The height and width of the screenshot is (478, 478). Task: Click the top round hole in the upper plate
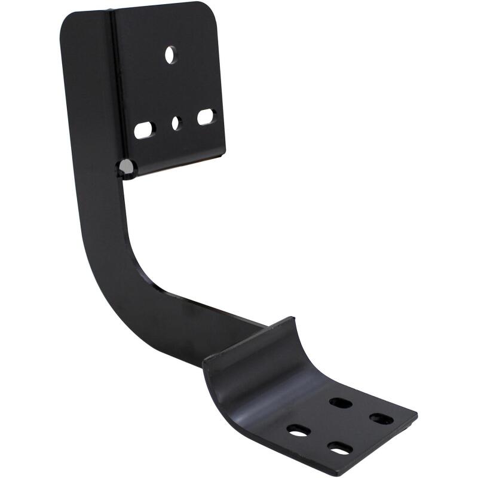(x=171, y=55)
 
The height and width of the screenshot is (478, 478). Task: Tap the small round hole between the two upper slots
(x=176, y=123)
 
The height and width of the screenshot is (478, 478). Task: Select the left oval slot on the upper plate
(x=145, y=130)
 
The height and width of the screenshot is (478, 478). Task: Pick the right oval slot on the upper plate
(x=206, y=117)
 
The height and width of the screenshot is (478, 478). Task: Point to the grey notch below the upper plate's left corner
(x=127, y=167)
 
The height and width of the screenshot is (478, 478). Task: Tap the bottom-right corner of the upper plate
(x=223, y=154)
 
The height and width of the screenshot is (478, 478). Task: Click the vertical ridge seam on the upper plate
(x=112, y=90)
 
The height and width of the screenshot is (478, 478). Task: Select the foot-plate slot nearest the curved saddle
(x=341, y=403)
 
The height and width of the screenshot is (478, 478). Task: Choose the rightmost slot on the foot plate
(x=381, y=418)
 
